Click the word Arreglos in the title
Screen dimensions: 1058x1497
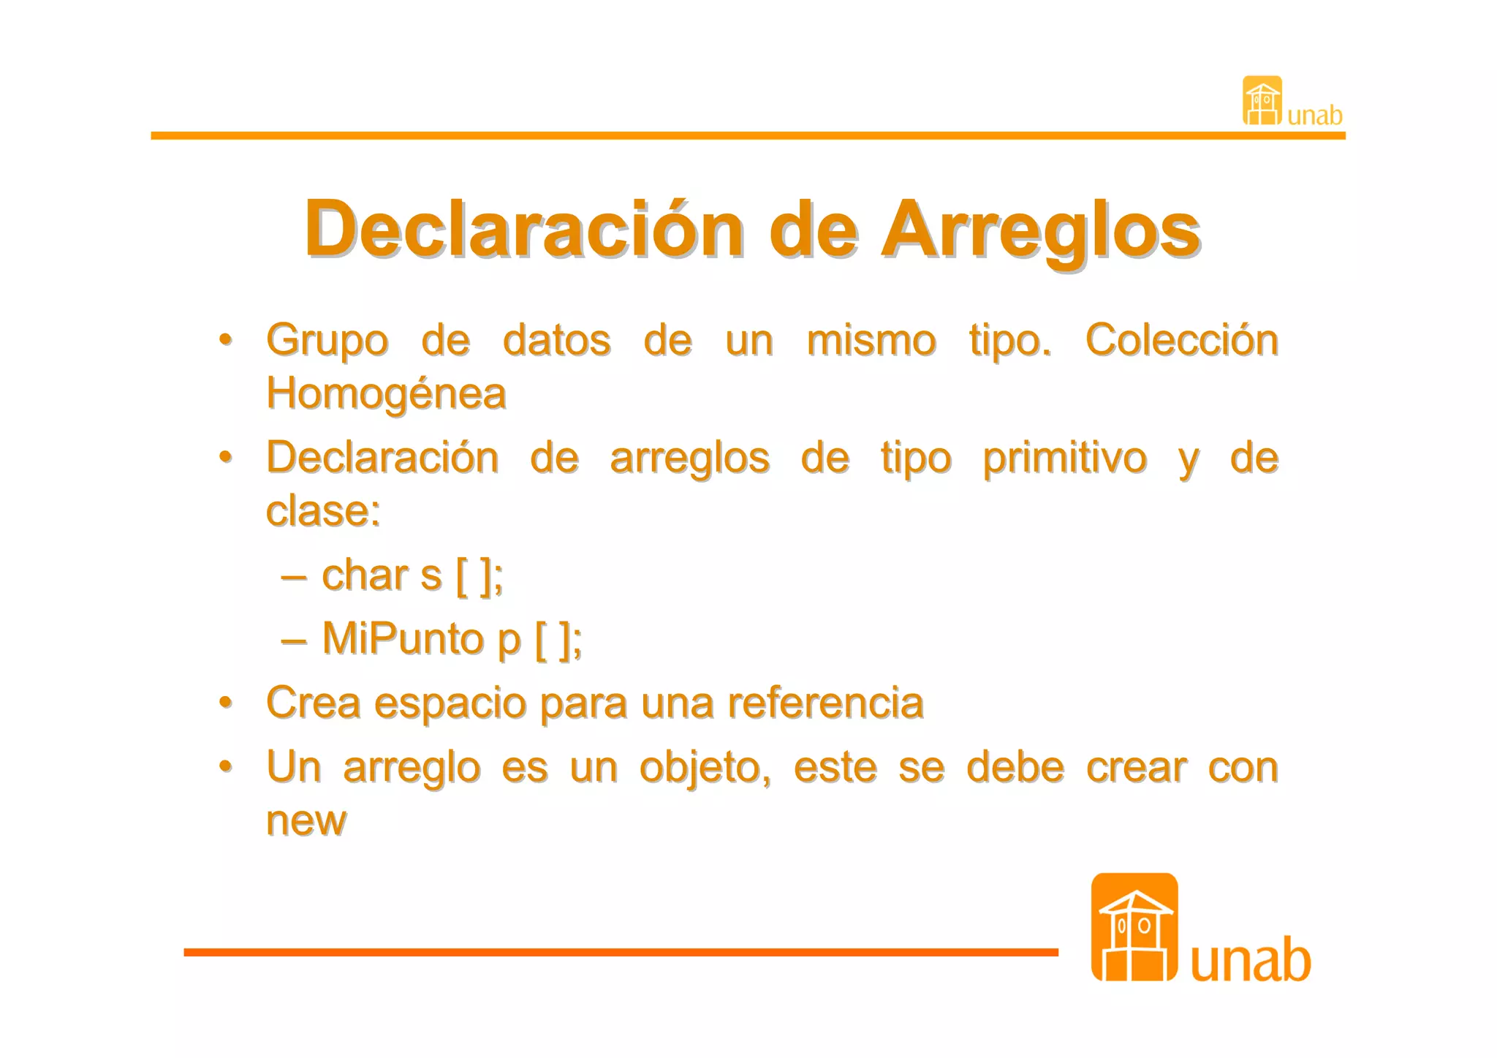coord(1041,230)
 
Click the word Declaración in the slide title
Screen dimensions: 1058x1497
coord(524,230)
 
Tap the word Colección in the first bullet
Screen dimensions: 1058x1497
coord(1181,341)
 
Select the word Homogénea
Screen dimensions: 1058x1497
coord(386,394)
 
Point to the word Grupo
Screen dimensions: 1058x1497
coord(327,341)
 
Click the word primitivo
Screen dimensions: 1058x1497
coord(1064,459)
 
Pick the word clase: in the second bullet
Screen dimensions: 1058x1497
coord(323,511)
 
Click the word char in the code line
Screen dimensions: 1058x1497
coord(364,575)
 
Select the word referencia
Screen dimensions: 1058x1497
coord(825,703)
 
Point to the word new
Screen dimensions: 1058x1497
coord(306,821)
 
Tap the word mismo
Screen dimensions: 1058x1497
coord(871,341)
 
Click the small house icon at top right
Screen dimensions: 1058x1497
coord(1262,101)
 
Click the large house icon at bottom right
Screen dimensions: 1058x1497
coord(1134,927)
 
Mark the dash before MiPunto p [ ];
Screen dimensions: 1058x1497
coord(293,641)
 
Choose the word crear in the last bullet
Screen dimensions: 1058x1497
coord(1136,768)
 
